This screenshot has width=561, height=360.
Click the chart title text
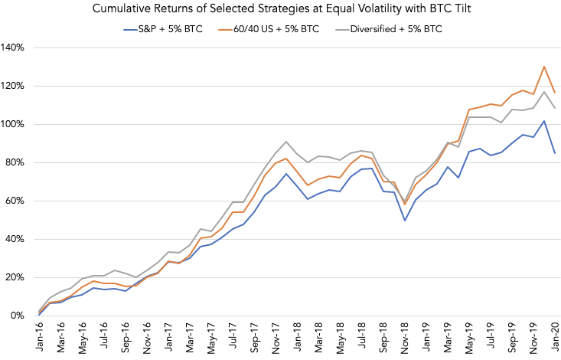pyautogui.click(x=280, y=10)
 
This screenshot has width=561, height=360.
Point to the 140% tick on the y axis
pyautogui.click(x=15, y=47)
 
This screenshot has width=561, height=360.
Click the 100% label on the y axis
pyautogui.click(x=15, y=124)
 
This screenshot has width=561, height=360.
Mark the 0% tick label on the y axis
pyautogui.click(x=19, y=316)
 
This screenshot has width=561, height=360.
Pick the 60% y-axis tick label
pyautogui.click(x=17, y=201)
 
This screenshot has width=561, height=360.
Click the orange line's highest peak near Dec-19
pyautogui.click(x=544, y=67)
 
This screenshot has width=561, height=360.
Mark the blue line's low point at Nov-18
pyautogui.click(x=404, y=221)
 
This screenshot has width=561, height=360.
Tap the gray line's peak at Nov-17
pyautogui.click(x=286, y=142)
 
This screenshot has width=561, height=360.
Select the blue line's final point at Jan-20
pyautogui.click(x=555, y=153)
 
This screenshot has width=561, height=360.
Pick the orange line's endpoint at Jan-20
pyautogui.click(x=555, y=93)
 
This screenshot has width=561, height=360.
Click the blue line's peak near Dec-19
pyautogui.click(x=544, y=121)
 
